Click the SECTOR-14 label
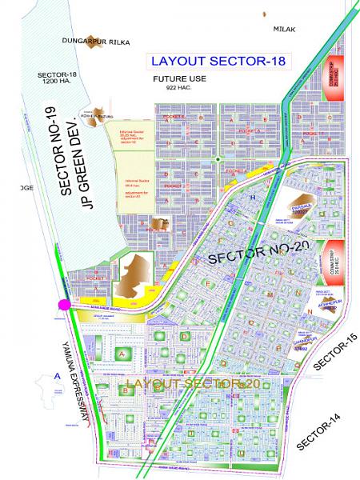pyautogui.click(x=316, y=432)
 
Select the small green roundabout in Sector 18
pyautogui.click(x=217, y=160)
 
